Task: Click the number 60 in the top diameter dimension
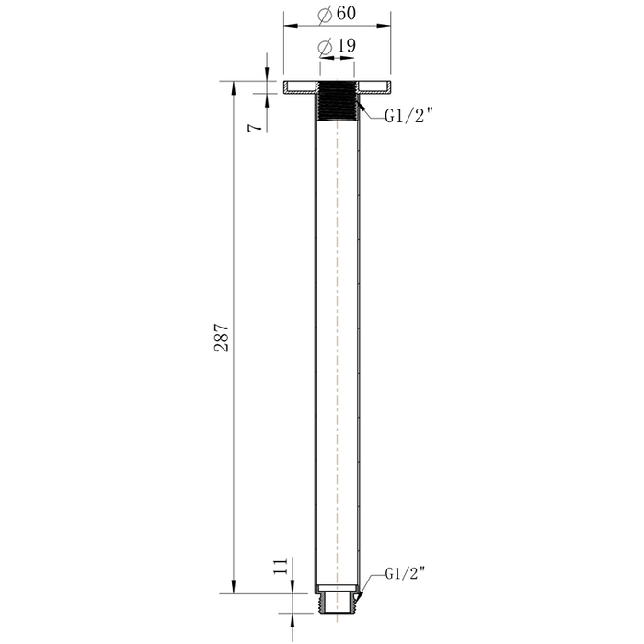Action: [347, 16]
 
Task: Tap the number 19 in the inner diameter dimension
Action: [347, 45]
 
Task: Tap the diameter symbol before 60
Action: [323, 16]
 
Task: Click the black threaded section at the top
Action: [338, 100]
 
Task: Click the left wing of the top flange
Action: [301, 88]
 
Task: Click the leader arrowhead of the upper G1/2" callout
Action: [361, 108]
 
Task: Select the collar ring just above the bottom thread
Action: [338, 588]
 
